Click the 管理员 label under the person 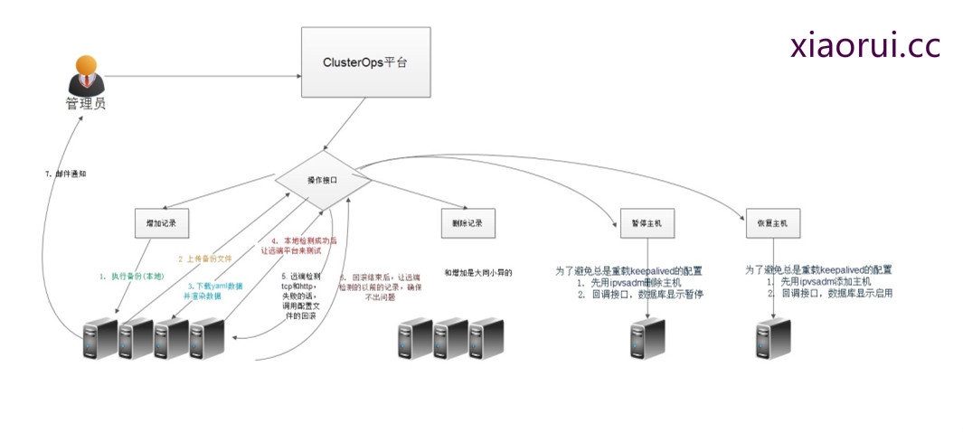(x=86, y=103)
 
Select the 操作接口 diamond (x=323, y=181)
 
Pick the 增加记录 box (x=163, y=221)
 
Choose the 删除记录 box (x=467, y=221)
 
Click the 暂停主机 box (x=647, y=222)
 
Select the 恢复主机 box (x=772, y=222)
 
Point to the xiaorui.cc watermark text (x=864, y=46)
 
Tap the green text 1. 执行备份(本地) (x=132, y=275)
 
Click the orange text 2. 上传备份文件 (x=205, y=258)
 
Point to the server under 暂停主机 (x=647, y=338)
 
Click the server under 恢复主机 (x=773, y=338)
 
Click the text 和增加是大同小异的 (x=478, y=272)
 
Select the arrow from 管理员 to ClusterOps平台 (x=199, y=76)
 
